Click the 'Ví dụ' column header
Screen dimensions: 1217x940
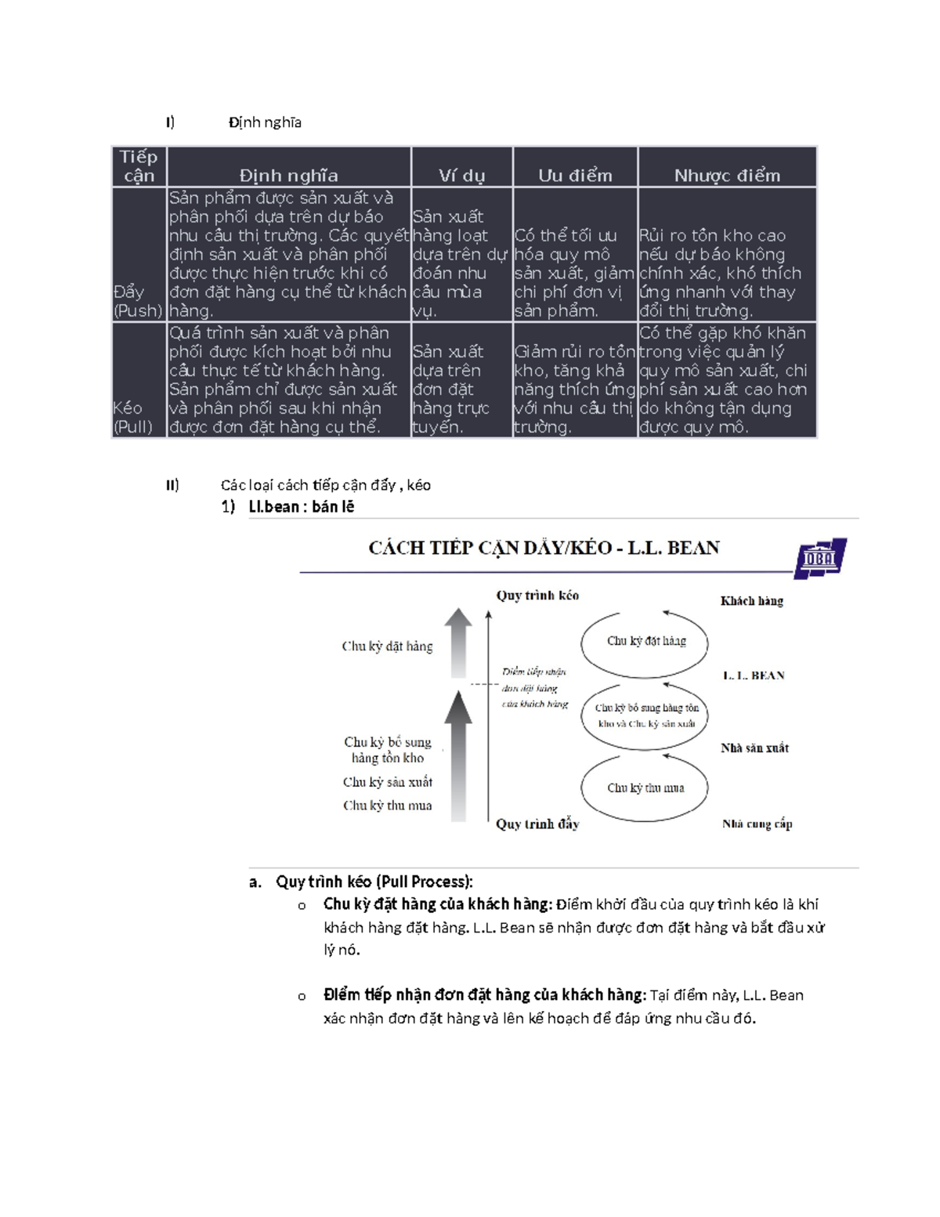click(x=461, y=175)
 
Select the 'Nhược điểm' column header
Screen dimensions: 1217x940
click(x=727, y=175)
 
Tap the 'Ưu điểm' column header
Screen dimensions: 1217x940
click(x=575, y=175)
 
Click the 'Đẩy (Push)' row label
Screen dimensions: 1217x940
click(x=138, y=301)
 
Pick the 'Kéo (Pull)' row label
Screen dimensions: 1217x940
click(x=132, y=417)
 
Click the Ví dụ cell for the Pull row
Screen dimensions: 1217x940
click(x=461, y=389)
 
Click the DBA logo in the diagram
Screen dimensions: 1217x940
click(x=820, y=558)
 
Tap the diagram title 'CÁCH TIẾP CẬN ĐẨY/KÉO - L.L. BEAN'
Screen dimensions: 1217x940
click(x=544, y=548)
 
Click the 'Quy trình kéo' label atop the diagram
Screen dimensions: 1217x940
click(x=537, y=596)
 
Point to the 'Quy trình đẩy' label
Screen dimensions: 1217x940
click(x=537, y=824)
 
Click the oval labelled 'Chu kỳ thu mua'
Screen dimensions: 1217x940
click(x=645, y=788)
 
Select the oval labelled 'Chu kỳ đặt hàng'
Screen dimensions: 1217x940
click(x=645, y=641)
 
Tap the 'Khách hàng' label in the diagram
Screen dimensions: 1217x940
click(x=751, y=601)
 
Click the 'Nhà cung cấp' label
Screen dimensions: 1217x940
click(x=757, y=824)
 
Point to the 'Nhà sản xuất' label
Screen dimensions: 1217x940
click(x=754, y=748)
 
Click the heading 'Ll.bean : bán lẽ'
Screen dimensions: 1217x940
click(x=301, y=507)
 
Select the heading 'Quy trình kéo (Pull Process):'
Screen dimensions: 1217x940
click(x=374, y=882)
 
